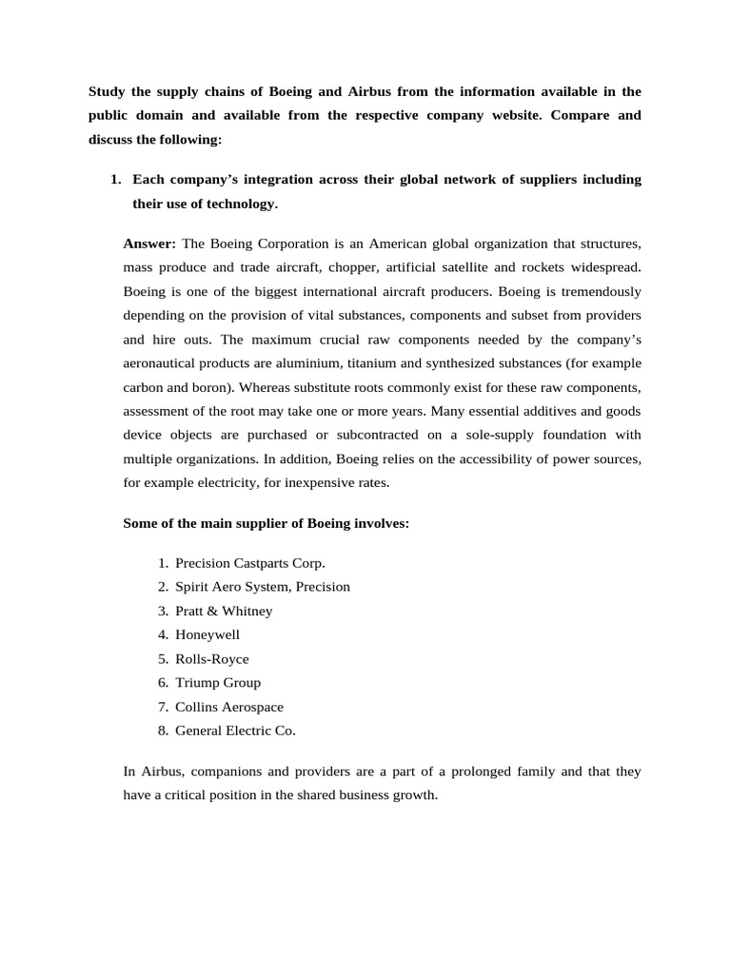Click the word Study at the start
[108, 91]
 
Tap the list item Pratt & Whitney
[224, 611]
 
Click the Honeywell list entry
[207, 634]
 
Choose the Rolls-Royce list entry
[212, 658]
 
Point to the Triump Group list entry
[218, 682]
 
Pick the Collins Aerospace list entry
[229, 707]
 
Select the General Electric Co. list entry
[235, 730]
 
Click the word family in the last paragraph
[529, 770]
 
